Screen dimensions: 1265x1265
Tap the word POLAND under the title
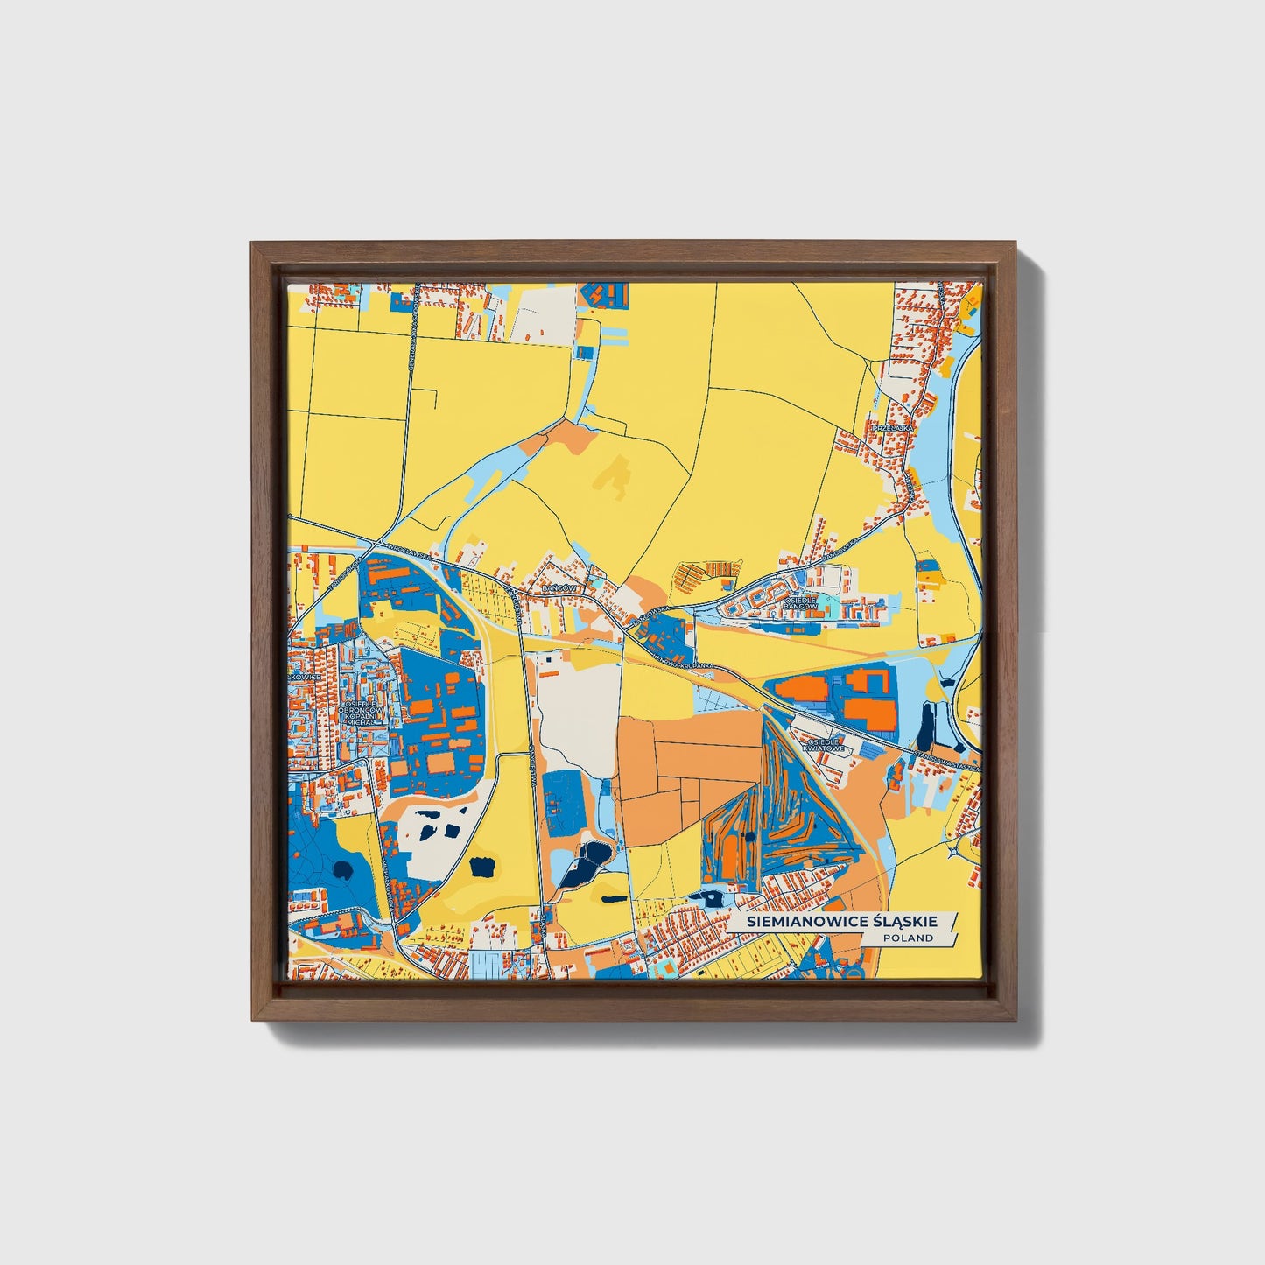pos(907,938)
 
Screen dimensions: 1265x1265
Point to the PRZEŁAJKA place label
pos(900,427)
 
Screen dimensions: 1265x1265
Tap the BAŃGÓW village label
pos(559,589)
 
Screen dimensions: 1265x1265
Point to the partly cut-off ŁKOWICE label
pos(306,676)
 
